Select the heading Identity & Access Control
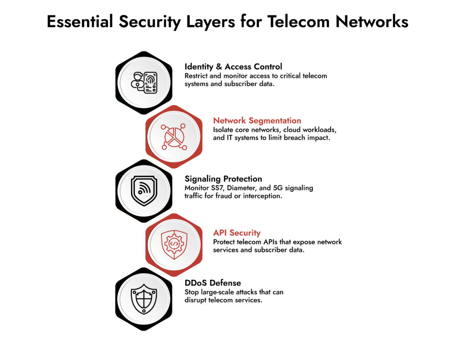point(233,67)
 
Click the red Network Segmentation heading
point(257,120)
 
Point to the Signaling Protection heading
point(223,179)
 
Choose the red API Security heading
point(237,233)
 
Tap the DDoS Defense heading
point(213,283)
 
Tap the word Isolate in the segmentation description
point(224,130)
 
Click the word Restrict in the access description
point(197,76)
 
